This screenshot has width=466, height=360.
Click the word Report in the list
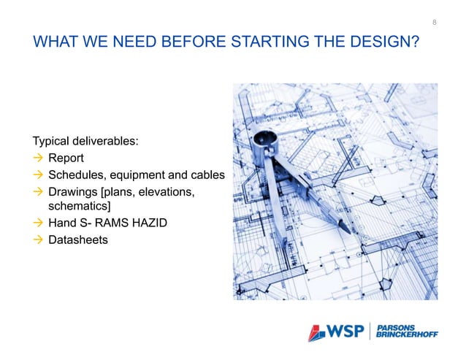66,158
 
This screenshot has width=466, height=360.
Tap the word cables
207,176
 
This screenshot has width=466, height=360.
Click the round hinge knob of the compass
264,137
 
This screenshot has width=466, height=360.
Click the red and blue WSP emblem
316,332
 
